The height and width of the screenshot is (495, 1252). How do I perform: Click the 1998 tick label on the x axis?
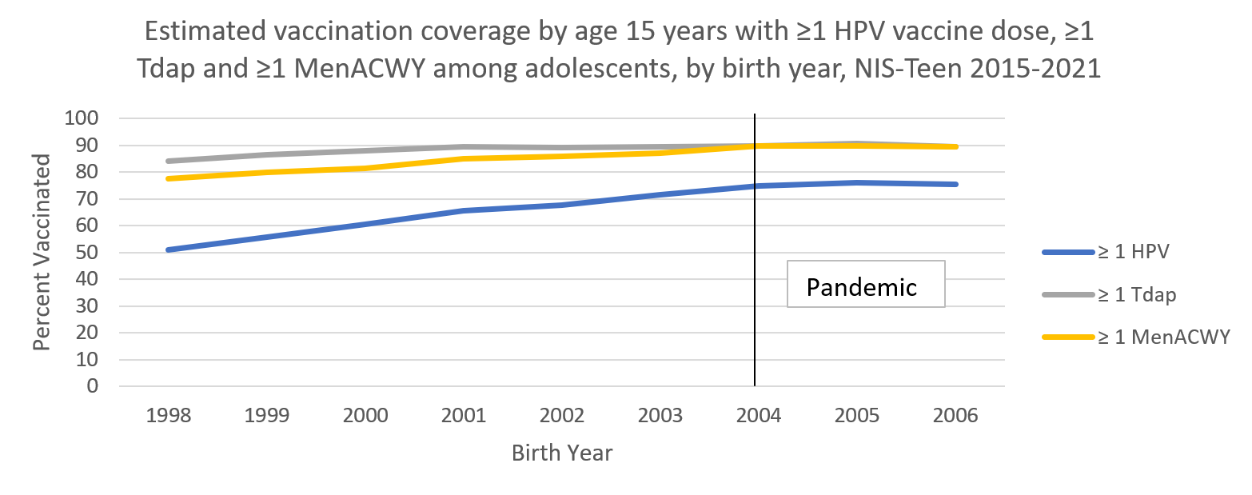(x=169, y=417)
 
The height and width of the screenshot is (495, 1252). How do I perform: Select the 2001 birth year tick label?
(x=464, y=417)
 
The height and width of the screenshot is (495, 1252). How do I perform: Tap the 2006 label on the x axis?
(x=955, y=417)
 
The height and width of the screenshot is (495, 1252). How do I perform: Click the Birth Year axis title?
(x=562, y=453)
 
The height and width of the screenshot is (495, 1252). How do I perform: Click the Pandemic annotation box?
(x=866, y=284)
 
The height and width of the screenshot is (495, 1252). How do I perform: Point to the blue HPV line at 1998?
(x=169, y=249)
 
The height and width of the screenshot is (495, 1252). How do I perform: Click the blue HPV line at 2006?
(x=955, y=184)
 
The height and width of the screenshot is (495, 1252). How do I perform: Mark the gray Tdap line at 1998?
(x=169, y=161)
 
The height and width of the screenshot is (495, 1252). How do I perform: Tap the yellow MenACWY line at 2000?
(x=365, y=168)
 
